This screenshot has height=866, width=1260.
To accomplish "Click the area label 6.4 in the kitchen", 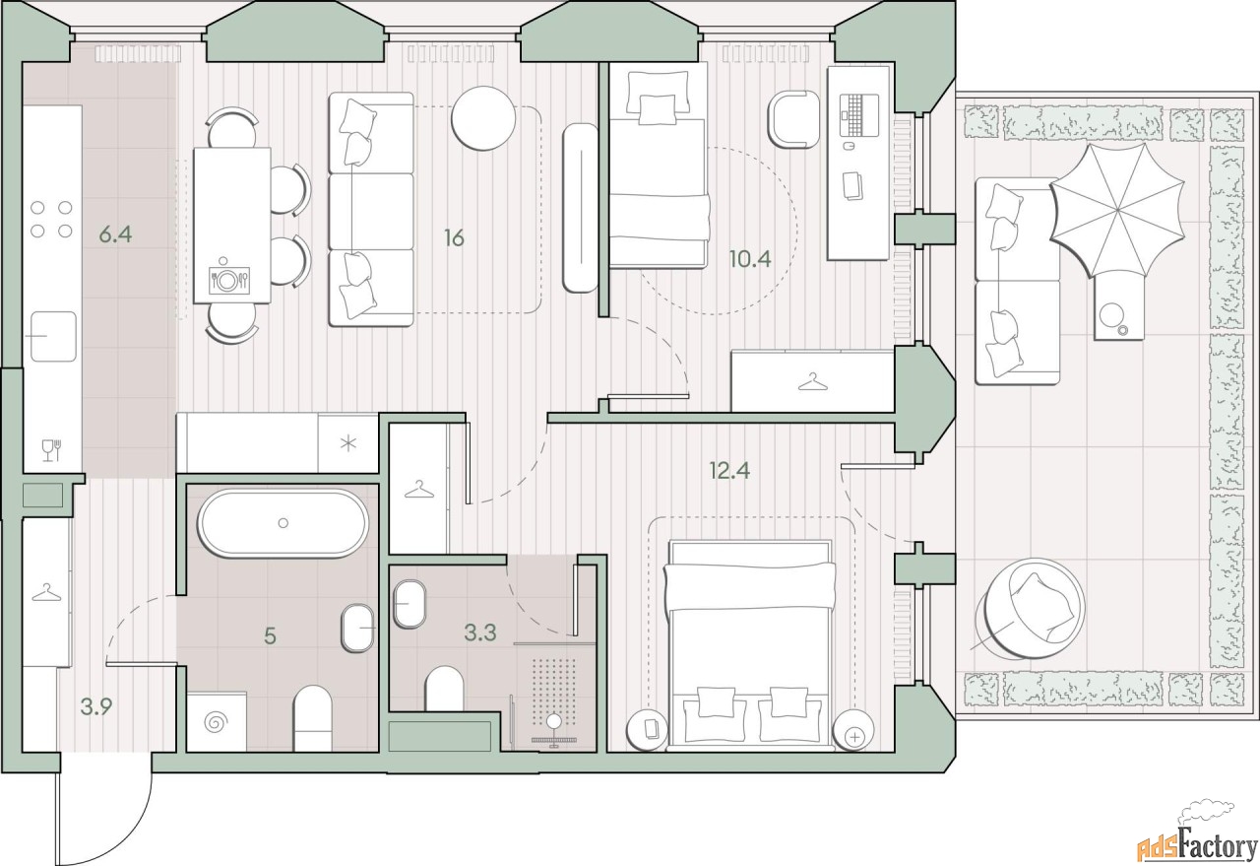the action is pyautogui.click(x=115, y=233).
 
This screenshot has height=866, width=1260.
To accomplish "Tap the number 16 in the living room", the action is pyautogui.click(x=454, y=238).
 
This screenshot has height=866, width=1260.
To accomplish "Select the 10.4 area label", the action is pyautogui.click(x=750, y=259).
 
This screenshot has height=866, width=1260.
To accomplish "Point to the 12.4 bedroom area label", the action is pyautogui.click(x=729, y=471).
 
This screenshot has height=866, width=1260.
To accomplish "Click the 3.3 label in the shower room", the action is pyautogui.click(x=480, y=633).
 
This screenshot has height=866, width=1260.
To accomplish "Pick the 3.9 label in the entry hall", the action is pyautogui.click(x=96, y=706).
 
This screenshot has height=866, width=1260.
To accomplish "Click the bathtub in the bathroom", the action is pyautogui.click(x=283, y=524).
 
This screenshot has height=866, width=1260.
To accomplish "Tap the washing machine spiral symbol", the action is pyautogui.click(x=217, y=722).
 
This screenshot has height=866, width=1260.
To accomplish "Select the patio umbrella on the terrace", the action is pyautogui.click(x=1117, y=211).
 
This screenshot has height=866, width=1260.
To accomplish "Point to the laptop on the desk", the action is pyautogui.click(x=858, y=115).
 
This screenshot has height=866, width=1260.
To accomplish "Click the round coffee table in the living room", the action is pyautogui.click(x=483, y=118).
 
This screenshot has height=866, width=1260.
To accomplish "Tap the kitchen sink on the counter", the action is pyautogui.click(x=53, y=337).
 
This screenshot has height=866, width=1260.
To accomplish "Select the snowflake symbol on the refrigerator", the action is pyautogui.click(x=348, y=443).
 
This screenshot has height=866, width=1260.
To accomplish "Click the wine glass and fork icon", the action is pyautogui.click(x=52, y=450).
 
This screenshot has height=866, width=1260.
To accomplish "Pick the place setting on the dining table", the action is pyautogui.click(x=228, y=279).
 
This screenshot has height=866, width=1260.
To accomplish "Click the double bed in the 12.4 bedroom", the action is pyautogui.click(x=749, y=645).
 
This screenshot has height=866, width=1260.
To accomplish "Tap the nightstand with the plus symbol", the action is pyautogui.click(x=853, y=730).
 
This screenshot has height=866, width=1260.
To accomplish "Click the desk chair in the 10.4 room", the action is pyautogui.click(x=792, y=119).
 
